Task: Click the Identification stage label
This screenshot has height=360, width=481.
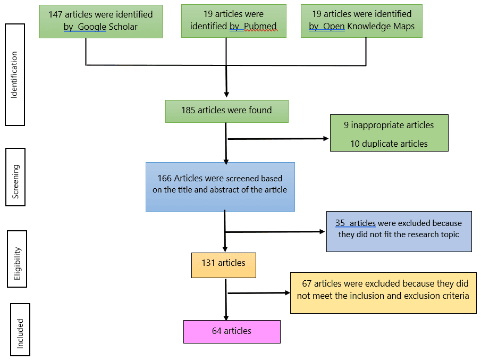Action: (15, 74)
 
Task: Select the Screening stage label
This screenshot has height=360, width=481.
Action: (15, 181)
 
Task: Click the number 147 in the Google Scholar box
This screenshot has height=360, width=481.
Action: (56, 14)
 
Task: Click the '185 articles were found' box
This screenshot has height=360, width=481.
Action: (226, 111)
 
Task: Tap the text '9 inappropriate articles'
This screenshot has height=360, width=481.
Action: (389, 125)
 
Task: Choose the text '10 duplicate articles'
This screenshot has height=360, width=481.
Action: (389, 144)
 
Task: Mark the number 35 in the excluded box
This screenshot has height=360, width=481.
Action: (340, 223)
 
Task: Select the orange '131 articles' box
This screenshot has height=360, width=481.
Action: (223, 264)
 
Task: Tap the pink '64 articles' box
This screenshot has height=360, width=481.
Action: (232, 331)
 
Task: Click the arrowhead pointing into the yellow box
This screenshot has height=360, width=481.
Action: (288, 292)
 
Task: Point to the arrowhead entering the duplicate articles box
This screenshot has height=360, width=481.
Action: (326, 138)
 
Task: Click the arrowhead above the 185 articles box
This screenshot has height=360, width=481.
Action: (226, 94)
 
